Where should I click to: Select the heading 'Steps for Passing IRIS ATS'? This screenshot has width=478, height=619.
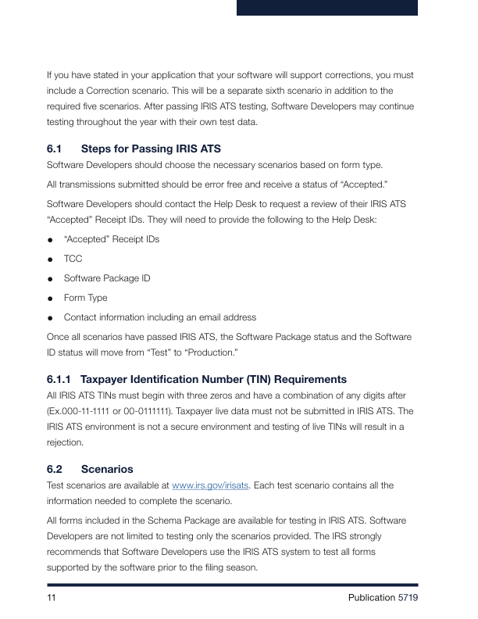(x=151, y=148)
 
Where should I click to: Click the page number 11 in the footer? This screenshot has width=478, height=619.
(x=52, y=598)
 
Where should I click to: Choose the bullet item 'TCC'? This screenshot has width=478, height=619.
(x=73, y=258)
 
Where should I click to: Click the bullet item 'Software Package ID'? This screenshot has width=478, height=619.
(x=107, y=278)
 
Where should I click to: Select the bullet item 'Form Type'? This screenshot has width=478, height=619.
(x=85, y=298)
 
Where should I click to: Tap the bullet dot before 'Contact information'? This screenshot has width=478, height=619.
(x=50, y=318)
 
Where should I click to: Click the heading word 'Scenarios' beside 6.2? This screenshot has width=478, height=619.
(x=107, y=470)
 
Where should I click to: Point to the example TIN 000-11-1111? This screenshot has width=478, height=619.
(x=92, y=411)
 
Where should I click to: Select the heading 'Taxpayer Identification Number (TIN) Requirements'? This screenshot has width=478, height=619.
(x=213, y=380)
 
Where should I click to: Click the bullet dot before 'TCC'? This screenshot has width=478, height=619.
(x=50, y=259)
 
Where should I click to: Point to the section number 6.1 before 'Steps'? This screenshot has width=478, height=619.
(x=55, y=148)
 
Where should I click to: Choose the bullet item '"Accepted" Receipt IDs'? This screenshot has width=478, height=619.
(x=111, y=238)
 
